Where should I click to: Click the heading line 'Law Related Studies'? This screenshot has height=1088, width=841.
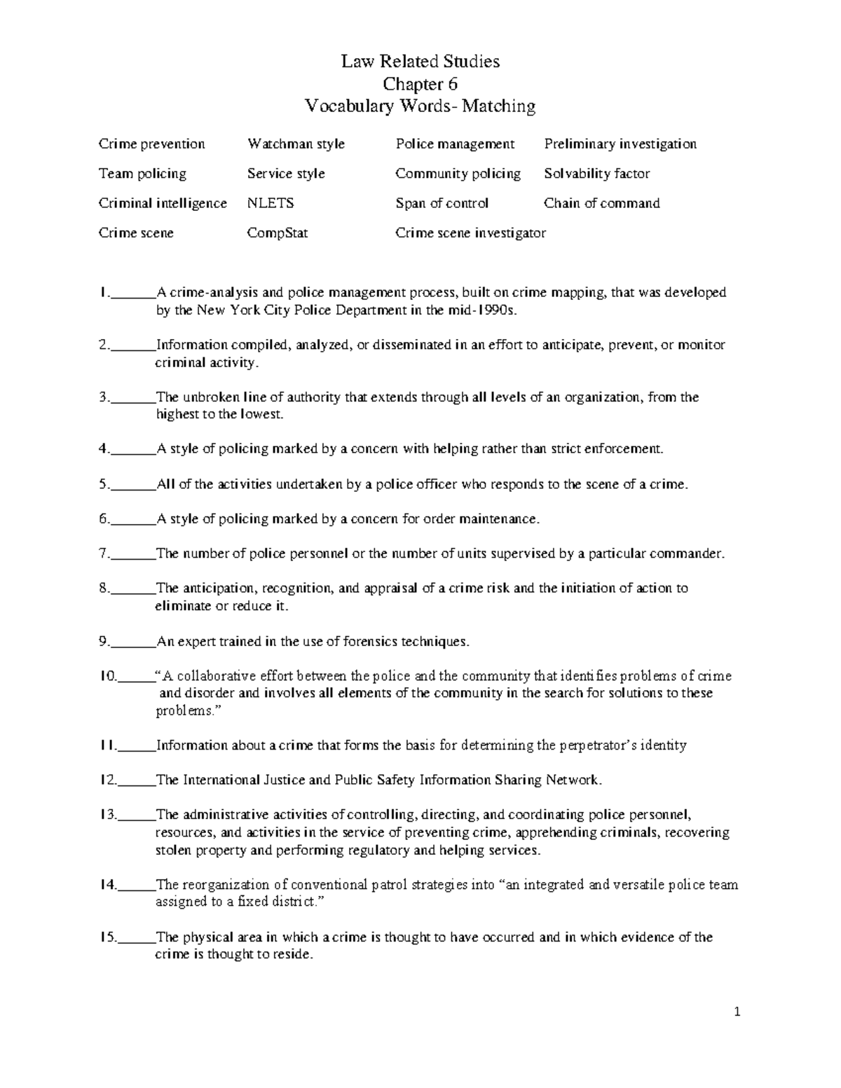420,62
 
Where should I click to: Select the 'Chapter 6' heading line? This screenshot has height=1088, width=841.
420,84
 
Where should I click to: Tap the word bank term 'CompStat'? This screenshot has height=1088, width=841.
278,233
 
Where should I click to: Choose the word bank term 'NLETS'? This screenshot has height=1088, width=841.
271,204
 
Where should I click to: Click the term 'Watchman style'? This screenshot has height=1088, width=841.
296,144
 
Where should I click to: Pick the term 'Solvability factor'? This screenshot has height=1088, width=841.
596,174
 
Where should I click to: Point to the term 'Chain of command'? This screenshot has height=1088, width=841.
601,204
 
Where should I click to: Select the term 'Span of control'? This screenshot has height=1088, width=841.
442,204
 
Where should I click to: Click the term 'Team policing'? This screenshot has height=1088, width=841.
142,174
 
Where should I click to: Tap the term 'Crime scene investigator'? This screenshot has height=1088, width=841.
470,233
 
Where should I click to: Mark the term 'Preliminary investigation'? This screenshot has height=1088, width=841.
620,144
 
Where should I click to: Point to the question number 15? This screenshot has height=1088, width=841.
107,937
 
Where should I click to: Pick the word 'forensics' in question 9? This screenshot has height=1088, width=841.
379,641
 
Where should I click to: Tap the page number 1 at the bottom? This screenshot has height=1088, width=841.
737,1012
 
